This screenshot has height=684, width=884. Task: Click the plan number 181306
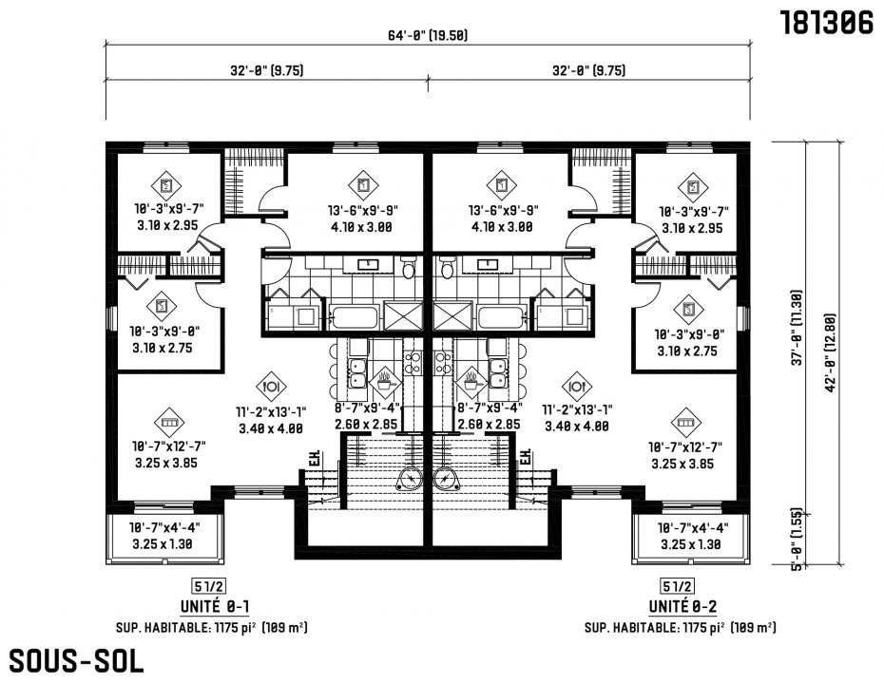pyautogui.click(x=827, y=23)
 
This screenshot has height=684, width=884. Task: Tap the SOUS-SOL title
pyautogui.click(x=76, y=661)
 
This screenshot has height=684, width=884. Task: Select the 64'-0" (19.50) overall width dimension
pyautogui.click(x=428, y=35)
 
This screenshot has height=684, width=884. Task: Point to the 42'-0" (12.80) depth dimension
pyautogui.click(x=830, y=352)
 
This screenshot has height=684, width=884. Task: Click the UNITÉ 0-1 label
pyautogui.click(x=215, y=606)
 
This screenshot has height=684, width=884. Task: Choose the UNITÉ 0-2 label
pyautogui.click(x=682, y=606)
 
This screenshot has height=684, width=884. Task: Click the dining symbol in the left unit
pyautogui.click(x=271, y=387)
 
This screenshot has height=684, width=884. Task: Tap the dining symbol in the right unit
pyautogui.click(x=577, y=387)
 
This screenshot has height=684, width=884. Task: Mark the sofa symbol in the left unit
pyautogui.click(x=169, y=422)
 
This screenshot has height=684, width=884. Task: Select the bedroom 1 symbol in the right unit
pyautogui.click(x=502, y=184)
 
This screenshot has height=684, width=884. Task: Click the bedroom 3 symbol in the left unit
pyautogui.click(x=162, y=307)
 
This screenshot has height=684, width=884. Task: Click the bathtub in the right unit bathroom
pyautogui.click(x=501, y=318)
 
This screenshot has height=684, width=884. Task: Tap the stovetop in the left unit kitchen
pyautogui.click(x=413, y=363)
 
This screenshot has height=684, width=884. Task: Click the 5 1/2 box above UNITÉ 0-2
pyautogui.click(x=677, y=586)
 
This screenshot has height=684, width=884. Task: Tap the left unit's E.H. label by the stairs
pyautogui.click(x=314, y=458)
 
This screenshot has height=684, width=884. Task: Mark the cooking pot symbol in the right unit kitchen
pyautogui.click(x=471, y=382)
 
